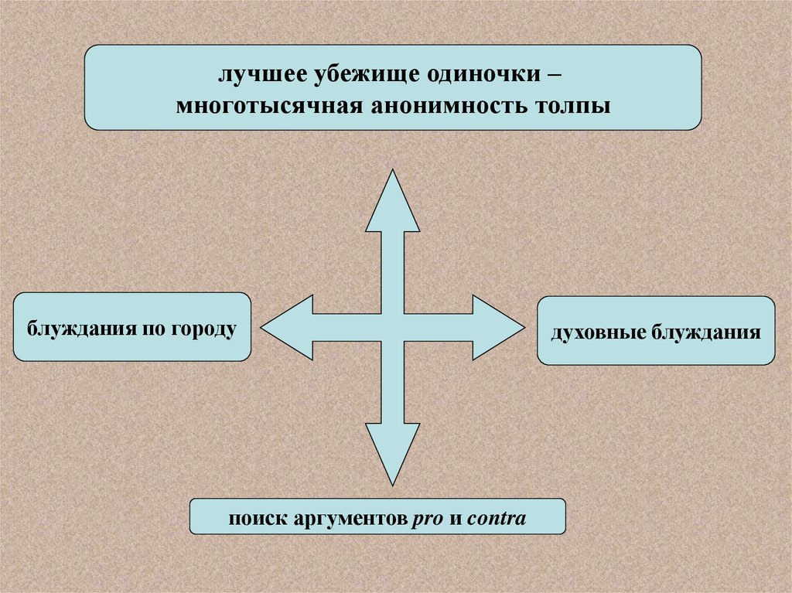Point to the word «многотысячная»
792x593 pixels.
pyautogui.click(x=266, y=104)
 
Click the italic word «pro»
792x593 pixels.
pyautogui.click(x=426, y=518)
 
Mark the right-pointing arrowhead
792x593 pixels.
pyautogui.click(x=498, y=327)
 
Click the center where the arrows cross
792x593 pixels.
pyautogui.click(x=392, y=327)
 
